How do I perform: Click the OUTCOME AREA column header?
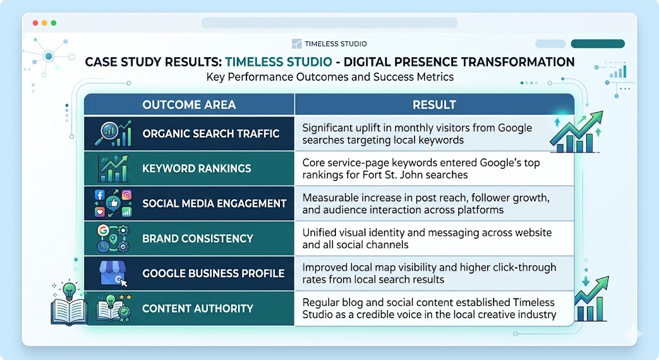(x=189, y=104)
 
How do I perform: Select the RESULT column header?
(x=434, y=104)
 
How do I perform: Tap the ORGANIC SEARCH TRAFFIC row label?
(x=210, y=134)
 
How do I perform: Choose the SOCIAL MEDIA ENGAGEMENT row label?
(x=214, y=204)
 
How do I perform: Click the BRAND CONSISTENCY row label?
(x=198, y=238)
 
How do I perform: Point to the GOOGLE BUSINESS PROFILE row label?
(x=213, y=273)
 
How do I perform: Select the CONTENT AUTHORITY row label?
(x=198, y=308)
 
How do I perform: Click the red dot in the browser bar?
(x=35, y=23)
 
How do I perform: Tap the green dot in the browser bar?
(x=53, y=23)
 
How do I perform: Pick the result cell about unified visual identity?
(x=427, y=238)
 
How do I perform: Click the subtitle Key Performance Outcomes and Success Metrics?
(x=330, y=77)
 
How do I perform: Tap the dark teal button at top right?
(x=597, y=44)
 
